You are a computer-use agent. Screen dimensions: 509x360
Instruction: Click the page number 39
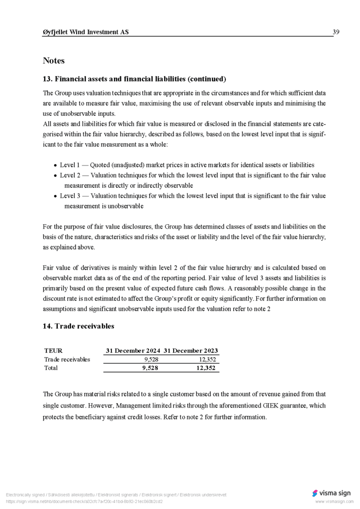tap(336, 32)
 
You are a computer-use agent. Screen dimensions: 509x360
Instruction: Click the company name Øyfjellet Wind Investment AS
tap(86, 32)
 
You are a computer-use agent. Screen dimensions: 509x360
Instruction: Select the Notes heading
tap(54, 61)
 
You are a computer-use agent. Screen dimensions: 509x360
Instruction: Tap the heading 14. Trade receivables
tap(79, 326)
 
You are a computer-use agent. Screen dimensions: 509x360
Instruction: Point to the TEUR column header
tap(53, 350)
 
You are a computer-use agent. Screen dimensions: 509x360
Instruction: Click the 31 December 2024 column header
tap(133, 350)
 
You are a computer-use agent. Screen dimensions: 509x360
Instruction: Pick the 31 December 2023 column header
tap(191, 350)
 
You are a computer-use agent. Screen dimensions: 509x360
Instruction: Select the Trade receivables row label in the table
tap(67, 359)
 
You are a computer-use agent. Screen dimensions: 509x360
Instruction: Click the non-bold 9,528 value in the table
tap(151, 359)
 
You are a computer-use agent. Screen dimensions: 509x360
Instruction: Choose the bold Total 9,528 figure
tap(150, 368)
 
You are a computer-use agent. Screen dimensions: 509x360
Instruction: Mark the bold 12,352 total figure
tap(206, 368)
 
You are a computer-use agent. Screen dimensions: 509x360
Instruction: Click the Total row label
tap(51, 368)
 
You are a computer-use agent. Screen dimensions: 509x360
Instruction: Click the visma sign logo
tap(331, 493)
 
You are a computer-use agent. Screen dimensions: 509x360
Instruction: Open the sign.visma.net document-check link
tap(84, 502)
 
